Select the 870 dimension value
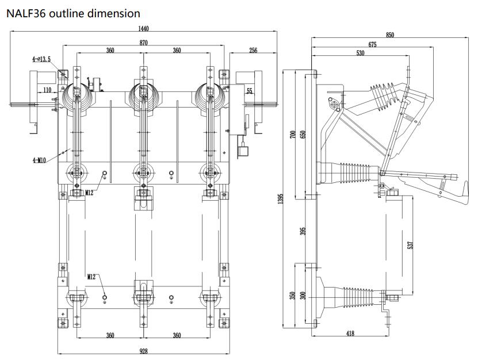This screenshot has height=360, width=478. pyautogui.click(x=144, y=43)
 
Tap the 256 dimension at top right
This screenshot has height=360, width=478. pyautogui.click(x=253, y=51)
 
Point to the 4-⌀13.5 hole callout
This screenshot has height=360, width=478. pyautogui.click(x=41, y=59)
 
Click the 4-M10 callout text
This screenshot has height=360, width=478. pyautogui.click(x=39, y=160)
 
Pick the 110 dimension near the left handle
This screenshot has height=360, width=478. pyautogui.click(x=47, y=90)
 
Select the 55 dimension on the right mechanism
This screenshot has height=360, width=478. pyautogui.click(x=249, y=91)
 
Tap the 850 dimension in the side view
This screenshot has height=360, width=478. pyautogui.click(x=390, y=36)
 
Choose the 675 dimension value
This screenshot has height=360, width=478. pyautogui.click(x=373, y=45)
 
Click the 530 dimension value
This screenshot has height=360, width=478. pyautogui.click(x=360, y=53)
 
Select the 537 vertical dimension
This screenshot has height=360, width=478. pyautogui.click(x=410, y=244)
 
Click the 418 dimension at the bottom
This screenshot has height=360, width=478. pyautogui.click(x=350, y=334)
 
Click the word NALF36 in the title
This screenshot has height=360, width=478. pyautogui.click(x=25, y=13)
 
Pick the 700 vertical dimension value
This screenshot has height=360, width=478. pyautogui.click(x=292, y=136)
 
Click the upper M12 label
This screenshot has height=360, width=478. pyautogui.click(x=90, y=193)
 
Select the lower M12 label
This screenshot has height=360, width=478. pyautogui.click(x=91, y=277)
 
